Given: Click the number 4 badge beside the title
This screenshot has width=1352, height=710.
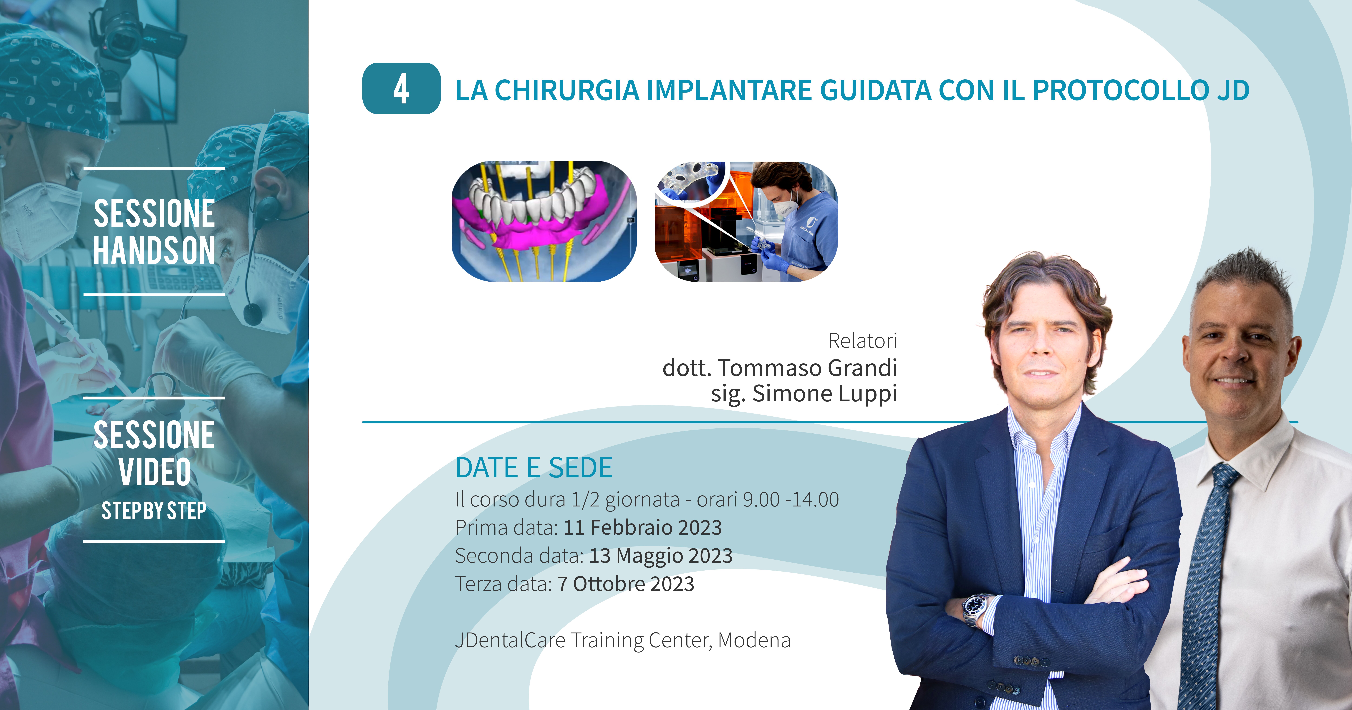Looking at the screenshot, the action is (402, 88).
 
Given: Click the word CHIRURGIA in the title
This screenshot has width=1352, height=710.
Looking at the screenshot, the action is (567, 90).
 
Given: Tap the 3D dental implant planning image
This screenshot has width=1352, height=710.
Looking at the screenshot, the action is (544, 221).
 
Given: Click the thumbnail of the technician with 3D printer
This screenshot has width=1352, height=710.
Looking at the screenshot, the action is (746, 221).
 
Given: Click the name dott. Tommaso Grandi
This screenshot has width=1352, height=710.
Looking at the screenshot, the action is (780, 368).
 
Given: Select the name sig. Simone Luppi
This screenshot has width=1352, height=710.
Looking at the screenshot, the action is (804, 394).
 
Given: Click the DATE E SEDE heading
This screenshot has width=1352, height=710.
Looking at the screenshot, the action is (534, 467).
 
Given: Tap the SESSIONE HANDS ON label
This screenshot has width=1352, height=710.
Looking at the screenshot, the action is (154, 232).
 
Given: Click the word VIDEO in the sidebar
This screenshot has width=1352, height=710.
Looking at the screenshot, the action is (154, 472).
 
